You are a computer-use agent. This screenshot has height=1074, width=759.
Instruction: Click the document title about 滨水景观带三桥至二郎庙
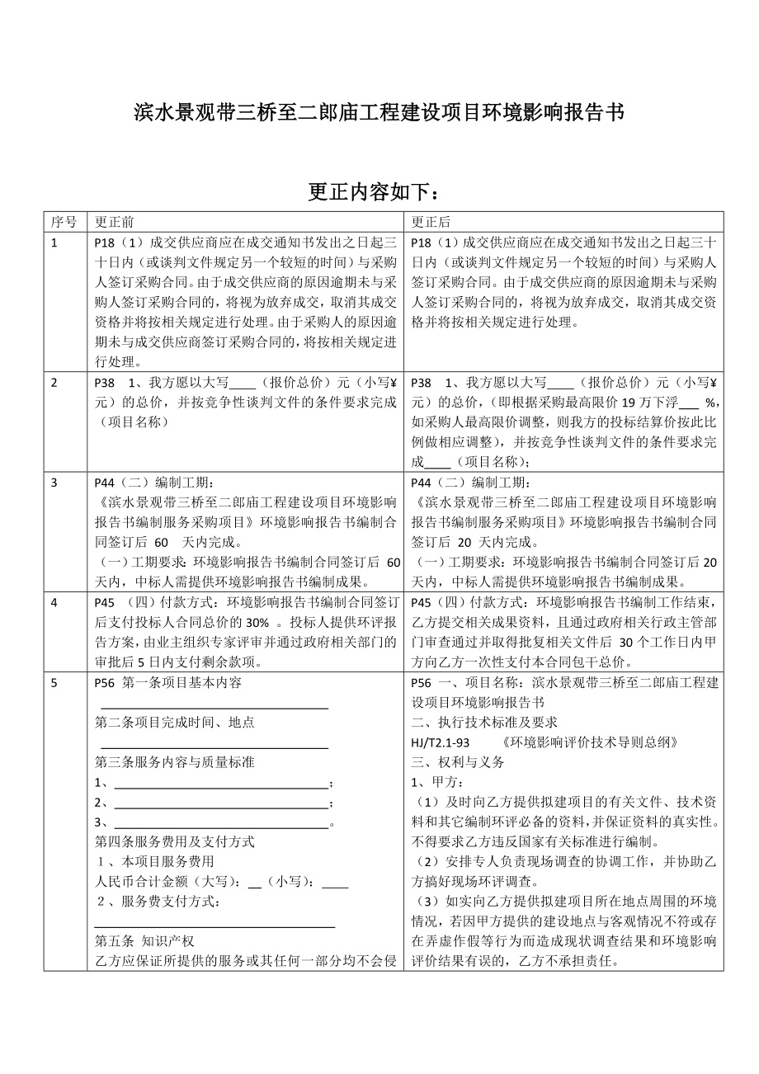click(x=379, y=113)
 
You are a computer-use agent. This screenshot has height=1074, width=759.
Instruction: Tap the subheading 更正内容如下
click(x=379, y=191)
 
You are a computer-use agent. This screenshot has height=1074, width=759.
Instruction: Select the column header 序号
click(x=64, y=222)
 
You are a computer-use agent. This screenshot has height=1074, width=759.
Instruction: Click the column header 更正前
click(x=115, y=222)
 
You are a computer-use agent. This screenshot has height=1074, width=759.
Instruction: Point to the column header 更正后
click(x=431, y=222)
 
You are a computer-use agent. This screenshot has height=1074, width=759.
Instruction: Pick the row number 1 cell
click(x=54, y=243)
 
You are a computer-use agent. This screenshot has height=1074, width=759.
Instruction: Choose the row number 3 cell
click(x=54, y=483)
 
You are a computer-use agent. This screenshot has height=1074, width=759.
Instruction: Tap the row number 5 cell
click(x=54, y=683)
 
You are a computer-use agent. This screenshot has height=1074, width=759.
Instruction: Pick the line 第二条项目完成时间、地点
click(x=175, y=722)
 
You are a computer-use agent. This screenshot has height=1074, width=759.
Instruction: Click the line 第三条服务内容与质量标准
click(x=175, y=762)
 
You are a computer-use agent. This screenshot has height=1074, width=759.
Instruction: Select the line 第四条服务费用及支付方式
click(x=175, y=842)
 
